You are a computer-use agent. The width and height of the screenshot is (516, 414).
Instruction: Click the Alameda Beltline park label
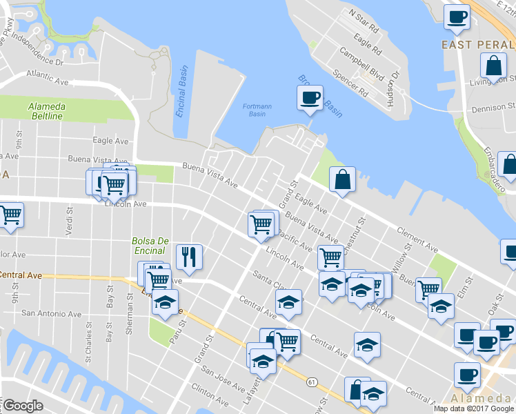coord(46,111)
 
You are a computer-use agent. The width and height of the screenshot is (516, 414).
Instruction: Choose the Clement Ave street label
coord(418,238)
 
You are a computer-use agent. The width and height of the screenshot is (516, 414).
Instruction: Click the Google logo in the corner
coord(23,406)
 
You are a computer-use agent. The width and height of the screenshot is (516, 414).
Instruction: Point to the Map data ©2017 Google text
coord(474,408)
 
